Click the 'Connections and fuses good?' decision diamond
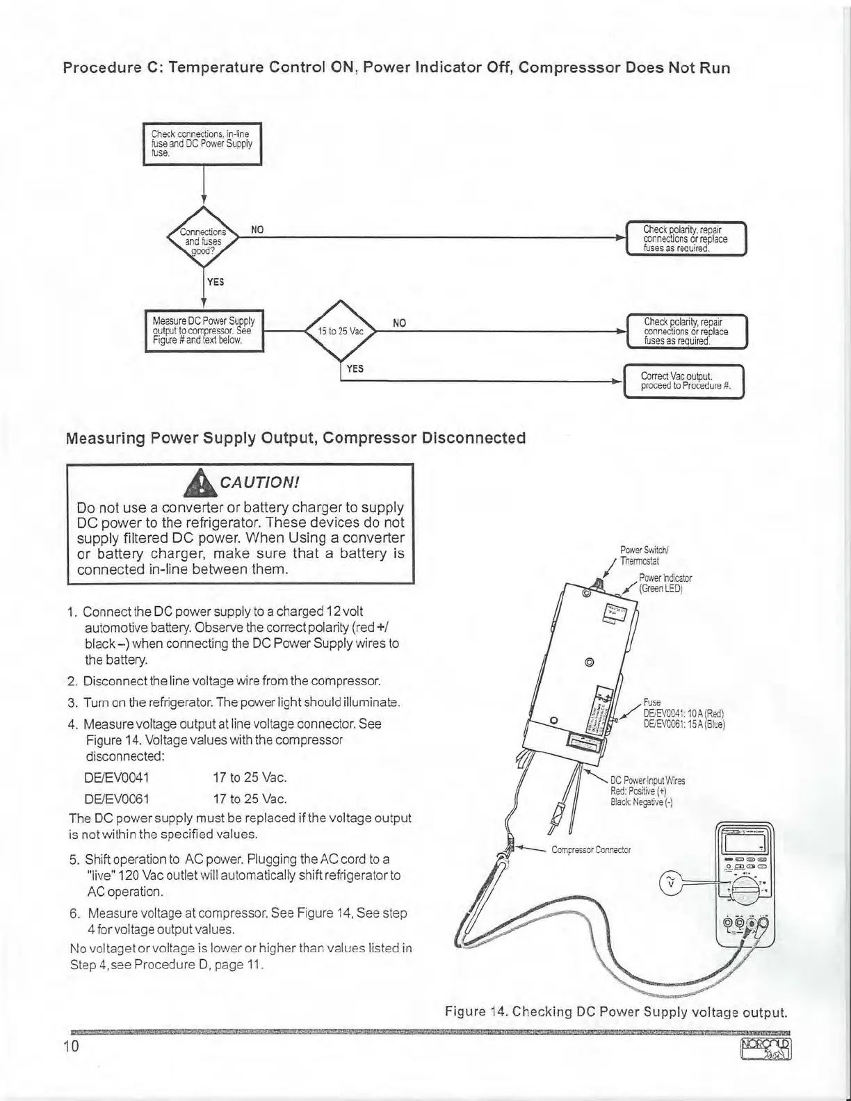click(203, 241)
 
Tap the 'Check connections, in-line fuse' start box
click(202, 143)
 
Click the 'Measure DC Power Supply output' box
click(204, 331)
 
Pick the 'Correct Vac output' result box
click(684, 382)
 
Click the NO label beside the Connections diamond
click(257, 230)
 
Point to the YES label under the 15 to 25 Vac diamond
click(355, 368)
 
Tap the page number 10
click(72, 1047)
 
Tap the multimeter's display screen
click(745, 844)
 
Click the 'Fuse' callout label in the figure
click(651, 703)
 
